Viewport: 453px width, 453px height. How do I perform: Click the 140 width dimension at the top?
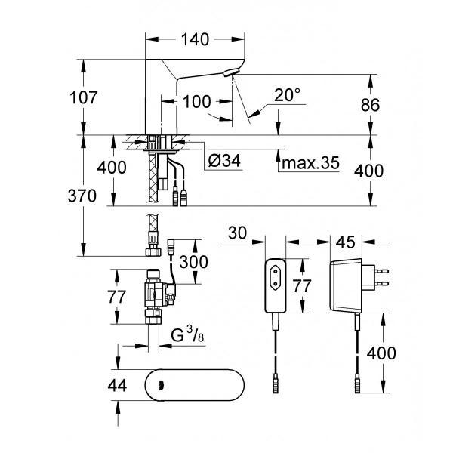[195, 39]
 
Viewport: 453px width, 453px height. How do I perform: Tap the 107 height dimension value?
[84, 97]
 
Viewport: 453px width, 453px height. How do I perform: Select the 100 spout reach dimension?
[197, 102]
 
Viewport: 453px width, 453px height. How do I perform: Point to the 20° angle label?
[287, 95]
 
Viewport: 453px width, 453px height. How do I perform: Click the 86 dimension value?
[370, 105]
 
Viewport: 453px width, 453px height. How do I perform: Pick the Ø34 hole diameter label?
[224, 161]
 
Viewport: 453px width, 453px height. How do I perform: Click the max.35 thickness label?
[310, 163]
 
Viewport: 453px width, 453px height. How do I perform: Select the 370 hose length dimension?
[82, 196]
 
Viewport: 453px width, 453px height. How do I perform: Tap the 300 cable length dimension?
[193, 262]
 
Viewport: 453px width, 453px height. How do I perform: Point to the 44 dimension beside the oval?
[117, 385]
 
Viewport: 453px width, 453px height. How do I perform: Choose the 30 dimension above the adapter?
[238, 233]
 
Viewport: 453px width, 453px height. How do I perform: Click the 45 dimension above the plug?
[346, 242]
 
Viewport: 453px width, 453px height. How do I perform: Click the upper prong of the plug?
[381, 271]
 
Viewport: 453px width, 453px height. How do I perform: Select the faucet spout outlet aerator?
[232, 72]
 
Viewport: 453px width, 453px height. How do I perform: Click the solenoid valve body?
[158, 294]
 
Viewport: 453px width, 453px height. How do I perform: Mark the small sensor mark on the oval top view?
[160, 385]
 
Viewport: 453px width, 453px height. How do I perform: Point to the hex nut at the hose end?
[153, 251]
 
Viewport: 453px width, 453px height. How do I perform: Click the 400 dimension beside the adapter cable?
[381, 353]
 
